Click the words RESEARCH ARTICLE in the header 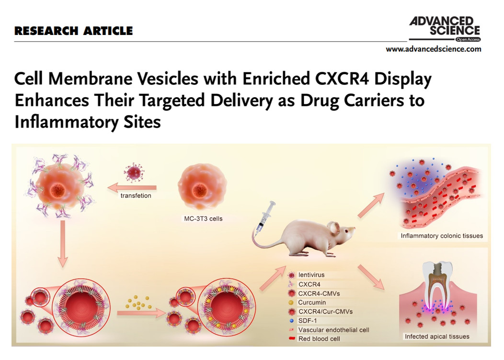pos(73,31)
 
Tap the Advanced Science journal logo pos(445,29)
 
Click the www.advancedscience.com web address pos(433,49)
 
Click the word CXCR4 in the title pos(342,79)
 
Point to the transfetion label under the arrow pos(136,196)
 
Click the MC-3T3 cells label pos(203,219)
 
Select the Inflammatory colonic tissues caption pos(442,236)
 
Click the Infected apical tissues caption pos(437,336)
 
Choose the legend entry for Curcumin pos(308,303)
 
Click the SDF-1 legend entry pos(303,320)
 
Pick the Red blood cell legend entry pos(314,338)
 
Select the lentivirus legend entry pos(307,275)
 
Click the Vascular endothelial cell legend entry pos(329,330)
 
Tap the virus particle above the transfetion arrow pos(134,172)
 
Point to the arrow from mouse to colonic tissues pos(371,205)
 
